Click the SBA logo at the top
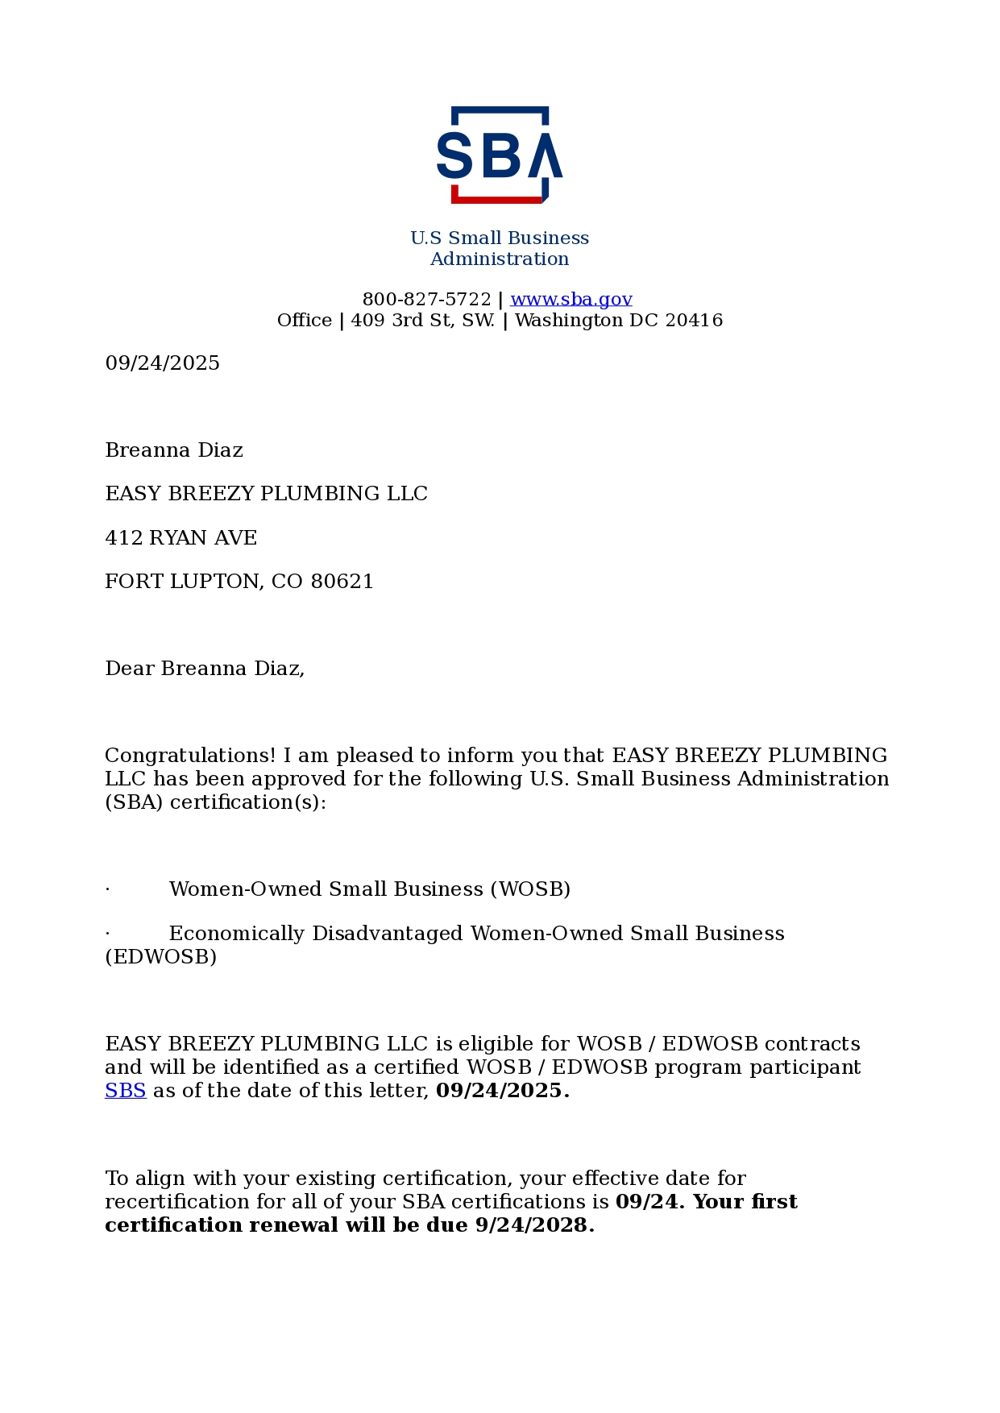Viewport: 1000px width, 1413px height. (x=500, y=154)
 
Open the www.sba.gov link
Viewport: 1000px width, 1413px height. (x=571, y=300)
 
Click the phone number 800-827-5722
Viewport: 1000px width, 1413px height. (x=426, y=300)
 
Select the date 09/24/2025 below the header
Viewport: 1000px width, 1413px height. (x=162, y=363)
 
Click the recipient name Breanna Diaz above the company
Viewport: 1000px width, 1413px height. (x=174, y=450)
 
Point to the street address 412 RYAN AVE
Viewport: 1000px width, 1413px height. (x=180, y=538)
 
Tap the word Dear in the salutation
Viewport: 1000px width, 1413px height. (x=129, y=669)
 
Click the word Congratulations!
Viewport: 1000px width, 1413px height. (x=190, y=756)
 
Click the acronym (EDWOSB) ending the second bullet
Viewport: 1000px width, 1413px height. (x=160, y=957)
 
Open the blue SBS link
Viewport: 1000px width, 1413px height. (x=125, y=1091)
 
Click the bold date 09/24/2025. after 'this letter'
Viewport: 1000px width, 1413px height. (x=502, y=1091)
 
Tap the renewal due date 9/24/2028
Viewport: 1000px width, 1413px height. (x=534, y=1225)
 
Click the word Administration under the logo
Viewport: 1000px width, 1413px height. (x=500, y=259)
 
